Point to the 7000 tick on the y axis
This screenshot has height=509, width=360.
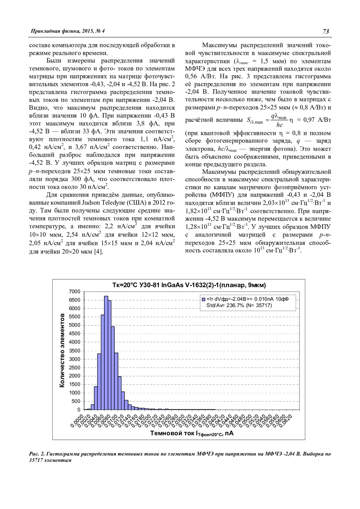pyautogui.click(x=75, y=292)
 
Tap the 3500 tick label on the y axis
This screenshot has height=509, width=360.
pyautogui.click(x=75, y=351)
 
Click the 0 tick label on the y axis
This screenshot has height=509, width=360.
pyautogui.click(x=79, y=409)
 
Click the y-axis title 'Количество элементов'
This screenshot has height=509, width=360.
pyautogui.click(x=62, y=350)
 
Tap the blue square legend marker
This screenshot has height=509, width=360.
pyautogui.click(x=203, y=299)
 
